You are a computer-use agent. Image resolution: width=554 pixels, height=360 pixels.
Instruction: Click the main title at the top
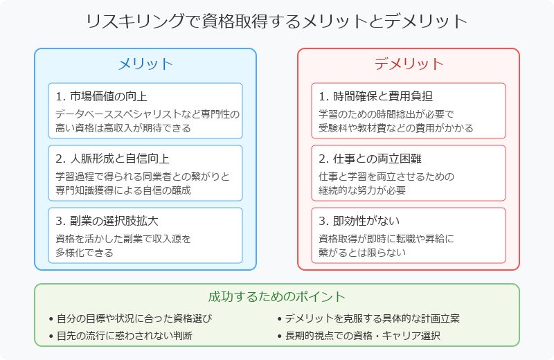click(x=276, y=21)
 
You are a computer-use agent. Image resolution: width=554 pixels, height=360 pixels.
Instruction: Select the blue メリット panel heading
click(x=145, y=64)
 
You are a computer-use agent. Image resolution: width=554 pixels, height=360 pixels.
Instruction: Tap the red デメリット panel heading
click(x=409, y=64)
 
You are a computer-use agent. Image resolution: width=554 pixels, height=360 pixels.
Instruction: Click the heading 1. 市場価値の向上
click(x=101, y=96)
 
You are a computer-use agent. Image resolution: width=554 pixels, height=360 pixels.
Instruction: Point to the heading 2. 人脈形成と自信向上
click(x=112, y=159)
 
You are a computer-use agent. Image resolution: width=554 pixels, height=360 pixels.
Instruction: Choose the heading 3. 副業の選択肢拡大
click(x=107, y=221)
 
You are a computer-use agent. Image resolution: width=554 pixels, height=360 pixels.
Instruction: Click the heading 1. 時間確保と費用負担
click(x=375, y=96)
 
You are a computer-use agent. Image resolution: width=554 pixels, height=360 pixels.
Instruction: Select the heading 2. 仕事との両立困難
click(x=370, y=159)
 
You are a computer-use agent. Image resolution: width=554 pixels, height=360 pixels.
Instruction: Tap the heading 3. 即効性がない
click(x=359, y=221)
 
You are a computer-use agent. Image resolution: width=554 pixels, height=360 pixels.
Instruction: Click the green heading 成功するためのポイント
click(x=276, y=296)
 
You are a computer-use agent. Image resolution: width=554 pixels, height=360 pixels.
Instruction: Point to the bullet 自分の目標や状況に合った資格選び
click(x=134, y=318)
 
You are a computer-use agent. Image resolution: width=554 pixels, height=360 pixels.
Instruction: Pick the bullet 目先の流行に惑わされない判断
click(x=125, y=335)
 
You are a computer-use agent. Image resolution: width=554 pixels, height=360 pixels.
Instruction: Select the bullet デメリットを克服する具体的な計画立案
click(x=373, y=318)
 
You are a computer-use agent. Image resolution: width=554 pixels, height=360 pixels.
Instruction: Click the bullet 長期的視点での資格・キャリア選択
click(x=363, y=335)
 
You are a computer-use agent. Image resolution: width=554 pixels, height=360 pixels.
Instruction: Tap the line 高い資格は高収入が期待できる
click(x=123, y=128)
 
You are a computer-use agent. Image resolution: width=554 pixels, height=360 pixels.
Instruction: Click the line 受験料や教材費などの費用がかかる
click(x=395, y=128)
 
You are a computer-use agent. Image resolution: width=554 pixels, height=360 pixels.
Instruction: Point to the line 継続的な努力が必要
click(x=362, y=190)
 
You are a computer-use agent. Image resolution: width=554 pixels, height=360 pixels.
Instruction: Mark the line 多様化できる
click(x=84, y=253)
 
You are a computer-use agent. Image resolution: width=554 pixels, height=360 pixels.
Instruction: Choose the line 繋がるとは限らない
click(x=362, y=253)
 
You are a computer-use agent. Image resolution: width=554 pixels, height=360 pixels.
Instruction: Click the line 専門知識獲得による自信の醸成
click(x=123, y=190)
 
